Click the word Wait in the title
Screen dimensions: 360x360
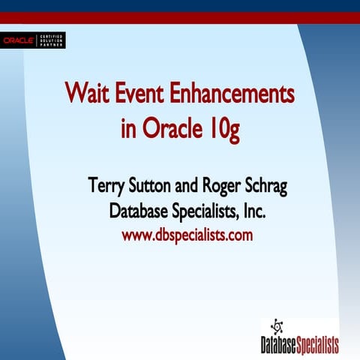85,95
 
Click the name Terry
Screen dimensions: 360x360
106,185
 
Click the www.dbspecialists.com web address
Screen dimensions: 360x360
187,235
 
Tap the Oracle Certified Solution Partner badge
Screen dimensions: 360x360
34,40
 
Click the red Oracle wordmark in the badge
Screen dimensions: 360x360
19,40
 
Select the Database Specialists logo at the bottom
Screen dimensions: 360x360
299,337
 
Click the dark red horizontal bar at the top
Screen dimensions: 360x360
180,18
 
